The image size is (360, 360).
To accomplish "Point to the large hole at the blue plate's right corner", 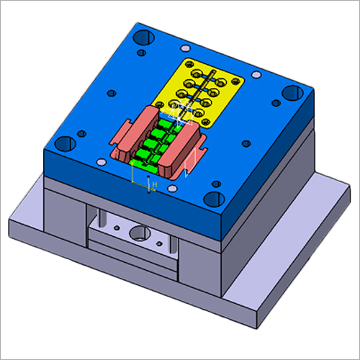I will [x=290, y=91].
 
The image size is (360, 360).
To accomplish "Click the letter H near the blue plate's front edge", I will [x=153, y=186].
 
